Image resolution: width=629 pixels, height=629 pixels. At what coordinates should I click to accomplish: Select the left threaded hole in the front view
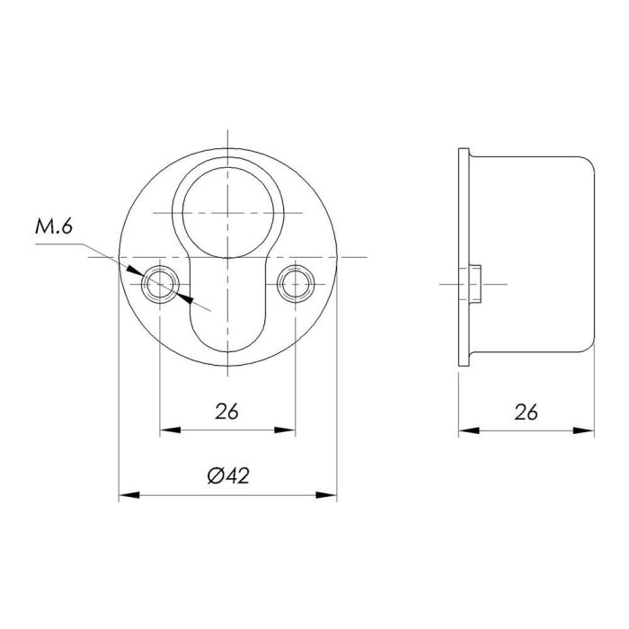[161, 284]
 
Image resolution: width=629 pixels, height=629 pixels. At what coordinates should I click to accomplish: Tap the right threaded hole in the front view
[295, 284]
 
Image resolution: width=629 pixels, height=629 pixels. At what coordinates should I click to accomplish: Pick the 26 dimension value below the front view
[227, 412]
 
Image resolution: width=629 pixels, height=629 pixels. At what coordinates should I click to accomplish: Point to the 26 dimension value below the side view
[527, 412]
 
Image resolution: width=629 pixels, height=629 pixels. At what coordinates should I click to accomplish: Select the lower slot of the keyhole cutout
[227, 310]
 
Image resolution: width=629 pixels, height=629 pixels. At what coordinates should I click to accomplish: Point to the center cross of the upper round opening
[227, 212]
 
